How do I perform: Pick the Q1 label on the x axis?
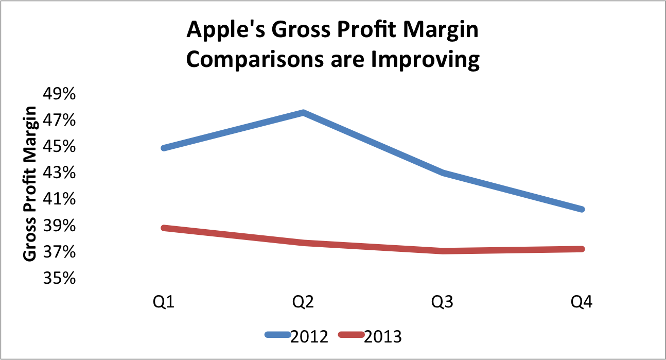coord(163,301)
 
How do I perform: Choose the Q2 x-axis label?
coord(303,301)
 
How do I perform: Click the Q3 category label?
coord(443,301)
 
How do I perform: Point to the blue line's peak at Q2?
coord(303,113)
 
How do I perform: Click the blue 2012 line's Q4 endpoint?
coord(582,209)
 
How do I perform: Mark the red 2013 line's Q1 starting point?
coord(164,228)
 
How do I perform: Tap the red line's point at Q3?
coord(443,251)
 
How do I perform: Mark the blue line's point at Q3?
coord(443,173)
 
